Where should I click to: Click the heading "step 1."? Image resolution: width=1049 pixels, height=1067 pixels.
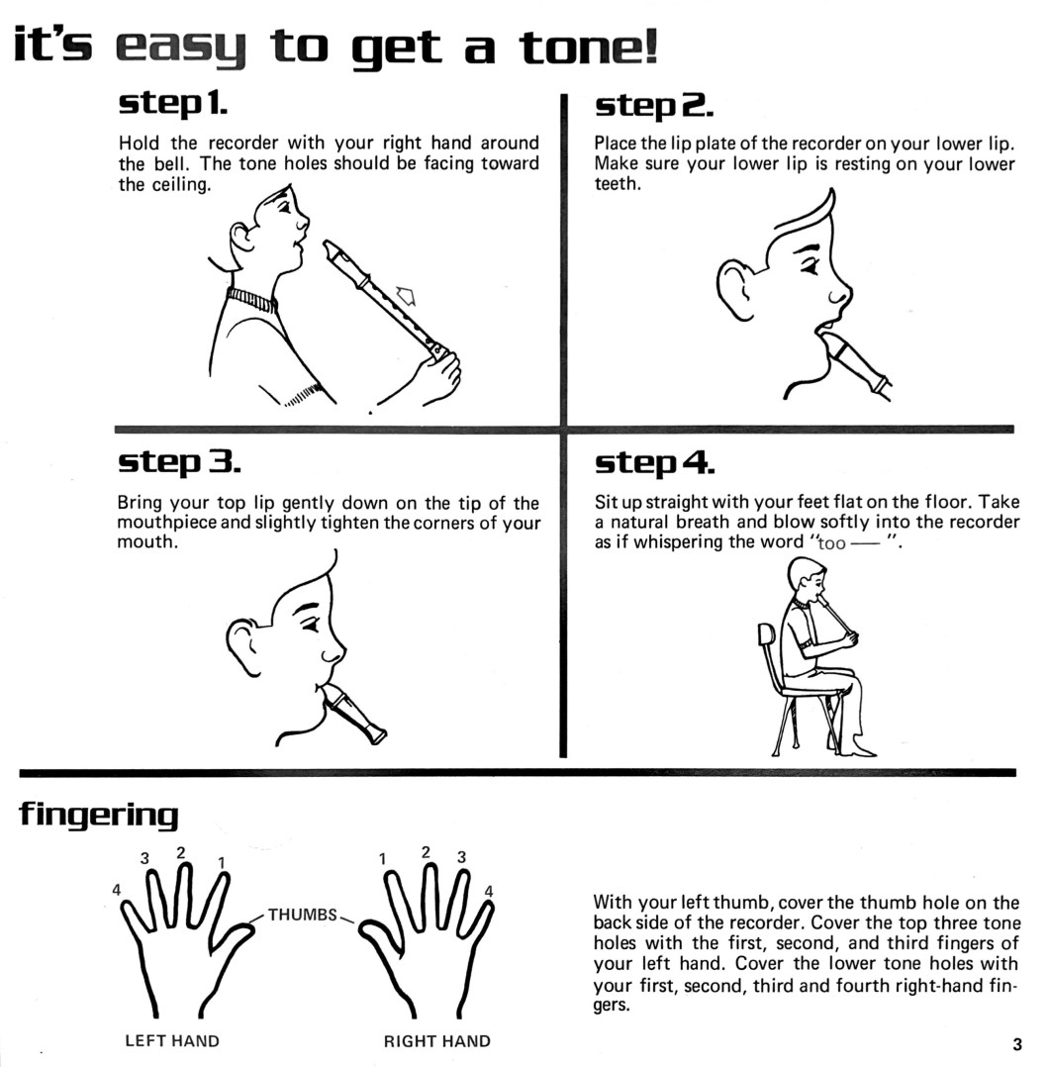(173, 103)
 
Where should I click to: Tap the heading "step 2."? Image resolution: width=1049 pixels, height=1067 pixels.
(654, 106)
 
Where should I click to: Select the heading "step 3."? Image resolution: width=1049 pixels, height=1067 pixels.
(179, 462)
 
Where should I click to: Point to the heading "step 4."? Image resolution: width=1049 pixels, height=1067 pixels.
(654, 463)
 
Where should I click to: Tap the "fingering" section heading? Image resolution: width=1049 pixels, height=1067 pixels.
(99, 815)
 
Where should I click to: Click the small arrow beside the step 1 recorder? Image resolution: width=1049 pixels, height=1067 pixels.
(406, 295)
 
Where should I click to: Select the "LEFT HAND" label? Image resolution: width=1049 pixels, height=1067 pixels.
(172, 1041)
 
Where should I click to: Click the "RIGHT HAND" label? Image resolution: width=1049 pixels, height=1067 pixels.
(436, 1041)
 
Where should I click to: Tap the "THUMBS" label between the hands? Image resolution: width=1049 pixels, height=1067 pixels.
(302, 915)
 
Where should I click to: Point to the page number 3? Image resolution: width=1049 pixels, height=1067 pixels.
(1017, 1044)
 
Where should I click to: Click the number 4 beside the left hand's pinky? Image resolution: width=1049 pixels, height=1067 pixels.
(117, 890)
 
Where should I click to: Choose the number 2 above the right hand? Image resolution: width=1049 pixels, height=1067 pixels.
(426, 852)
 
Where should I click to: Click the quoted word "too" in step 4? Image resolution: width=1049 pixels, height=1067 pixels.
(831, 543)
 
